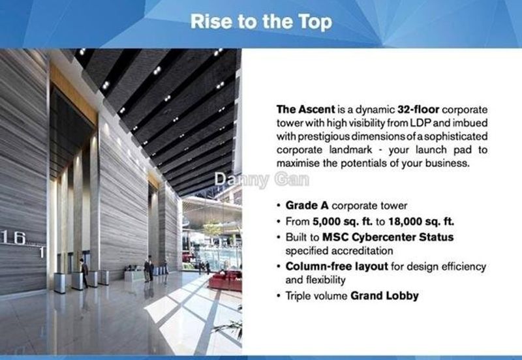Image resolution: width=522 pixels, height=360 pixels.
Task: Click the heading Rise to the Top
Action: (x=261, y=21)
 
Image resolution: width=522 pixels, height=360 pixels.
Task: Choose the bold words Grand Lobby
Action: (x=385, y=296)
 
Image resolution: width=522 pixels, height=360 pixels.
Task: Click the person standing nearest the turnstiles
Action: (x=84, y=272)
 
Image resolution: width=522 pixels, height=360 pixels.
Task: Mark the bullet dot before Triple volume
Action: (x=279, y=296)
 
